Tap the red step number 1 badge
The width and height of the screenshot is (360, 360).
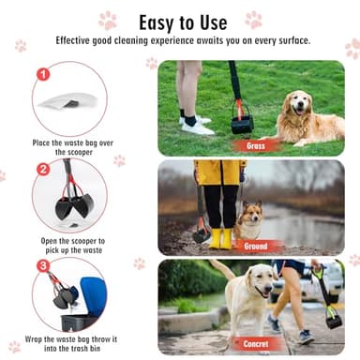pos(42,73)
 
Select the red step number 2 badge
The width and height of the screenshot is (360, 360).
pos(42,170)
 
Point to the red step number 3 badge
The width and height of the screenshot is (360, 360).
pos(42,266)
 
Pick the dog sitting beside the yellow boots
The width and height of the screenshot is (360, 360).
pos(248,223)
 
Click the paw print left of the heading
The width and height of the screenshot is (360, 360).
pos(108,20)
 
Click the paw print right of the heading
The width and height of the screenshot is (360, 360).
pos(253,20)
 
